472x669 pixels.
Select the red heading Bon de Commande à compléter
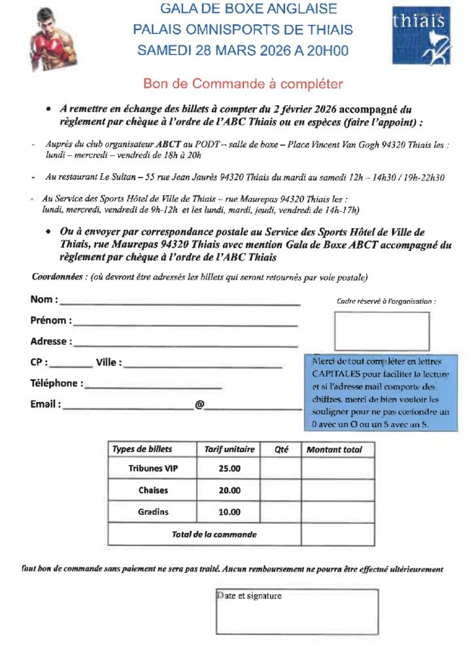pos(243,84)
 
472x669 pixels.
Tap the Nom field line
pos(180,303)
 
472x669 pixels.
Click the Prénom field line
pos(186,324)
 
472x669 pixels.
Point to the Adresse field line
pos(186,345)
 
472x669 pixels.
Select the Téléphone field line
pos(154,387)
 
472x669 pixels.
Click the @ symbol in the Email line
pos(199,405)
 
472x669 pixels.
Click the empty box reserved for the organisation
pos(382,331)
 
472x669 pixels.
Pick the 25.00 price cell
pos(229,468)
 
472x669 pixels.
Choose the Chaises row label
pos(153,490)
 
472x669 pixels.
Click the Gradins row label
pos(153,512)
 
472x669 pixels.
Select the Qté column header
pos(282,449)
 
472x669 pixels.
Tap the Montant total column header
pos(334,449)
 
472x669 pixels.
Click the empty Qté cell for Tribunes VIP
pos(280,468)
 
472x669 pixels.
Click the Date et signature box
pos(297,612)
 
